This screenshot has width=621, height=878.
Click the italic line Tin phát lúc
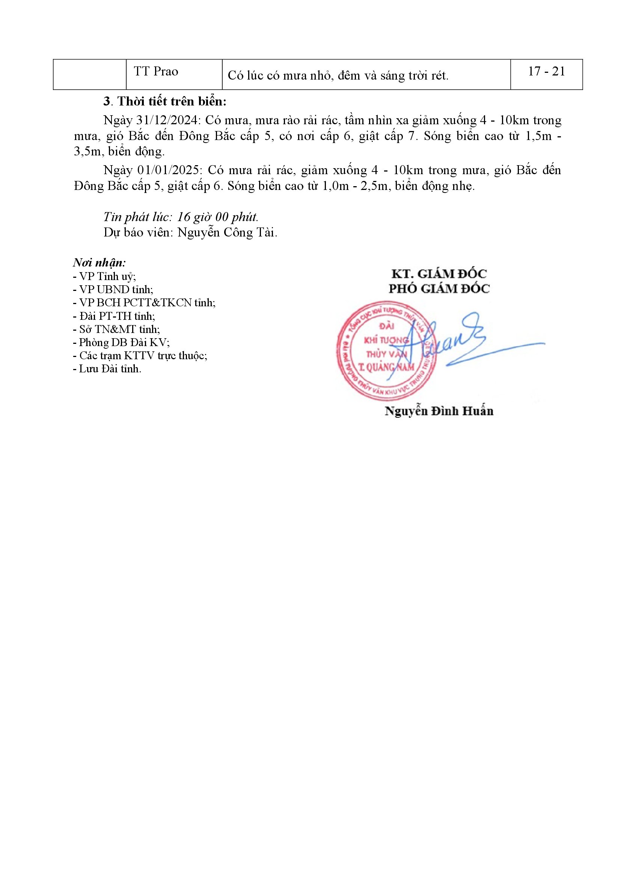pos(181,217)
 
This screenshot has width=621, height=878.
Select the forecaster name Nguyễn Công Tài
pos(227,232)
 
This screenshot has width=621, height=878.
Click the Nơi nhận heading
pos(99,263)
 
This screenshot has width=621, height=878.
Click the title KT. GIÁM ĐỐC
pos(439,274)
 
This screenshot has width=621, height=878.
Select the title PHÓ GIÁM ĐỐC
pos(439,289)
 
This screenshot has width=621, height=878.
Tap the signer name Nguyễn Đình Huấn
pos(439,411)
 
